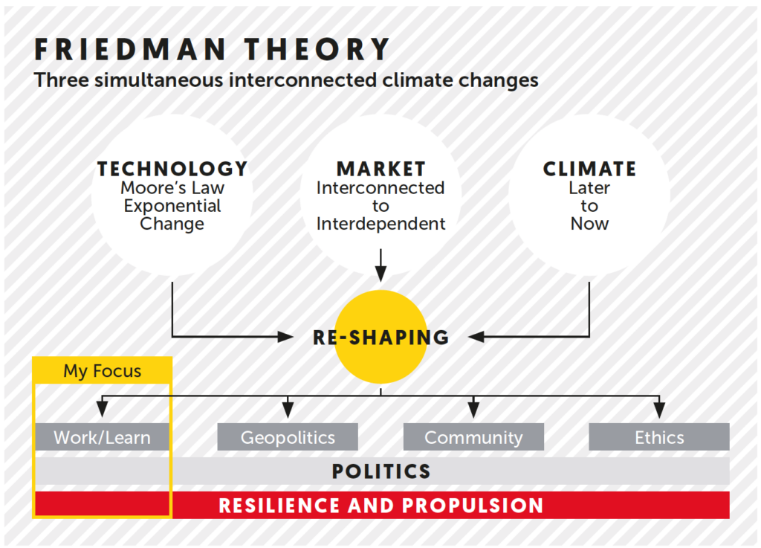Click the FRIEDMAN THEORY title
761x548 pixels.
pyautogui.click(x=212, y=50)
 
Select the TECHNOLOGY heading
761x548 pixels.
pyautogui.click(x=172, y=169)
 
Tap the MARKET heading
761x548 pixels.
pyautogui.click(x=381, y=169)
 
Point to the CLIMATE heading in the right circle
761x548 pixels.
pyautogui.click(x=589, y=169)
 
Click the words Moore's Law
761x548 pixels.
pyautogui.click(x=172, y=187)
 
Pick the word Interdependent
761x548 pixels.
pyautogui.click(x=381, y=224)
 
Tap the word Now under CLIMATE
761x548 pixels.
pyautogui.click(x=589, y=224)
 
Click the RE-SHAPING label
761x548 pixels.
pyautogui.click(x=381, y=338)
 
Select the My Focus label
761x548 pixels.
pyautogui.click(x=102, y=371)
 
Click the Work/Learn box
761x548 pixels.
pyautogui.click(x=102, y=437)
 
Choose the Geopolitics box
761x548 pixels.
pyautogui.click(x=288, y=437)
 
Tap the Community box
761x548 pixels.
pyautogui.click(x=473, y=437)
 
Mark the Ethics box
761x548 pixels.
pyautogui.click(x=659, y=437)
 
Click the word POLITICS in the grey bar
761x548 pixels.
pyautogui.click(x=381, y=471)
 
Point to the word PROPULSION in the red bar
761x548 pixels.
pyautogui.click(x=473, y=506)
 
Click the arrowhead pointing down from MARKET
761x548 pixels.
pyautogui.click(x=381, y=274)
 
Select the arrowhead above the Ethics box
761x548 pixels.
pyautogui.click(x=659, y=409)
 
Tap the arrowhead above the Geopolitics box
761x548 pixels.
pyautogui.click(x=288, y=409)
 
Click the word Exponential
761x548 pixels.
pyautogui.click(x=172, y=206)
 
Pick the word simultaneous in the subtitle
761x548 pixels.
pyautogui.click(x=159, y=80)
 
